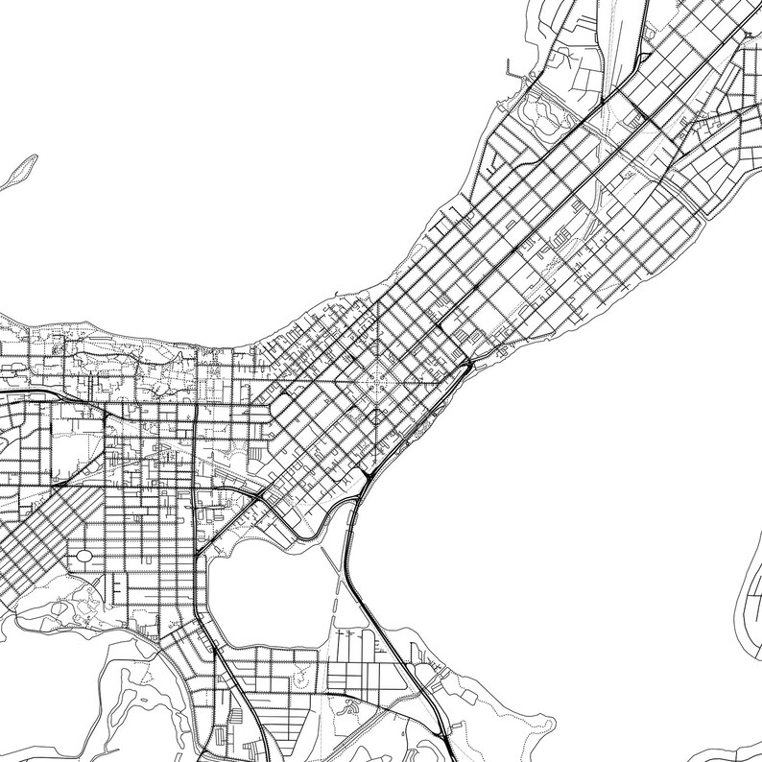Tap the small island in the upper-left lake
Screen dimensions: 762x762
[x=19, y=170]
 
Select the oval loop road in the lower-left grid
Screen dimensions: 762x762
[x=83, y=556]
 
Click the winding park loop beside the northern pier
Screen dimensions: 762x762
[x=537, y=113]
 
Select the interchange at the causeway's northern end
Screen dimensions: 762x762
[x=367, y=475]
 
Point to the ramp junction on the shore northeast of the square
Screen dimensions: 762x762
[x=464, y=366]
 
